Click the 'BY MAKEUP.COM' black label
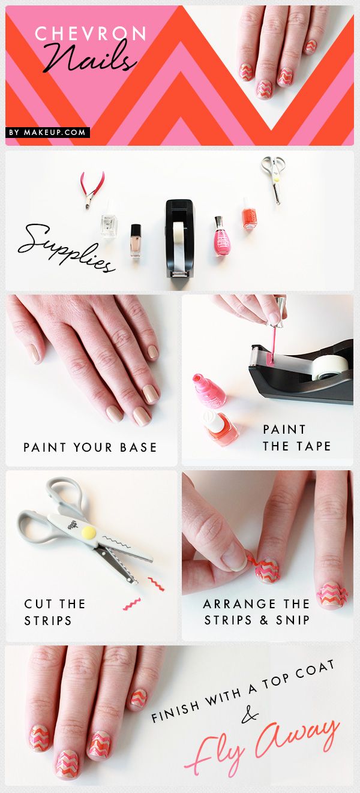click(x=47, y=133)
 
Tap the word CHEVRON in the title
click(x=91, y=34)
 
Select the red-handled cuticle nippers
click(x=92, y=190)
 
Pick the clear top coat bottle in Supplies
click(x=109, y=220)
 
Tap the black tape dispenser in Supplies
click(x=179, y=238)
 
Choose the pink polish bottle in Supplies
click(x=222, y=236)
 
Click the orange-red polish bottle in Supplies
click(x=248, y=215)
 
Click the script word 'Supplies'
click(x=66, y=248)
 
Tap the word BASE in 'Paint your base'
click(x=139, y=447)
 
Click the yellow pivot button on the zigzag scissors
click(x=89, y=531)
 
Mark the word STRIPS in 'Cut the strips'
click(x=48, y=621)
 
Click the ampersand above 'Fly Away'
click(x=250, y=715)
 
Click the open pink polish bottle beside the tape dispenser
click(x=209, y=390)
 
